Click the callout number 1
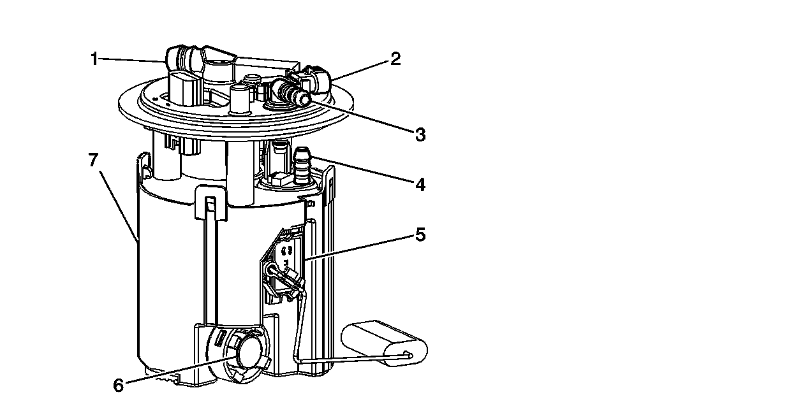tap(94, 59)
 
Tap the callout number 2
tap(395, 59)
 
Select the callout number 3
tap(419, 134)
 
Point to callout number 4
tap(419, 185)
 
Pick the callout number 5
tap(419, 235)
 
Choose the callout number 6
tap(118, 386)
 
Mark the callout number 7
tap(93, 160)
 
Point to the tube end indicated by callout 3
tap(300, 97)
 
